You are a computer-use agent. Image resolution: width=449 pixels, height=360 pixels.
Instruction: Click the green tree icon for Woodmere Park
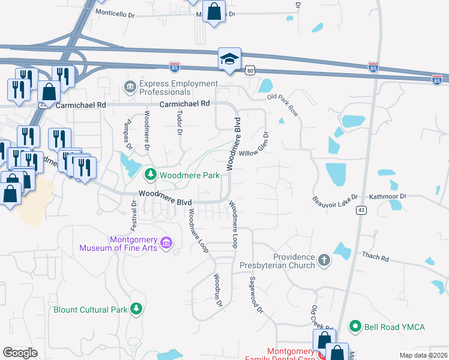[150, 175]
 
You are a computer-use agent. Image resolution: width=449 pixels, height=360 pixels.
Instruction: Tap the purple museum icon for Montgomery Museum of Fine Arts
[167, 243]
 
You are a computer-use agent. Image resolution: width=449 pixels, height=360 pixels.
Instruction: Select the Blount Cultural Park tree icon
[137, 309]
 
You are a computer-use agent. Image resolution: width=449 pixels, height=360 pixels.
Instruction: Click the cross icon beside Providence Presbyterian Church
[324, 260]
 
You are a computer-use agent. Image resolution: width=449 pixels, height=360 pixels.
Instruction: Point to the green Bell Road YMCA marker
[355, 326]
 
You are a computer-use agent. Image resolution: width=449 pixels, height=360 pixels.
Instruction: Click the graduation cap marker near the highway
[229, 59]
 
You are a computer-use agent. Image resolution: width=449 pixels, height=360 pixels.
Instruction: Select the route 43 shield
[361, 209]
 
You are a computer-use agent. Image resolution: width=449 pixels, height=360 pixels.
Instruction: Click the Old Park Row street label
[283, 104]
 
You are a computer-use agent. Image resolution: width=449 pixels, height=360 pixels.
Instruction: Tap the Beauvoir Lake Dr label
[335, 197]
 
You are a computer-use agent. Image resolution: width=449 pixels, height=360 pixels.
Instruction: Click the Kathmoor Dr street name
[388, 196]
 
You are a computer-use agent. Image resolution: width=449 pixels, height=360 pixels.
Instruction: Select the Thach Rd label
[375, 257]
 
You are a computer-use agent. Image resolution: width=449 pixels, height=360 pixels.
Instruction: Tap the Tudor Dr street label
[178, 123]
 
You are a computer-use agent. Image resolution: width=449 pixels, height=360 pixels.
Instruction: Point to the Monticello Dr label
[115, 13]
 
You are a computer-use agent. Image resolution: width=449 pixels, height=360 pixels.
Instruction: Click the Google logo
[20, 353]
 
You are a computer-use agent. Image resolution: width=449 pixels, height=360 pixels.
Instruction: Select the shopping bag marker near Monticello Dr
[214, 11]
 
